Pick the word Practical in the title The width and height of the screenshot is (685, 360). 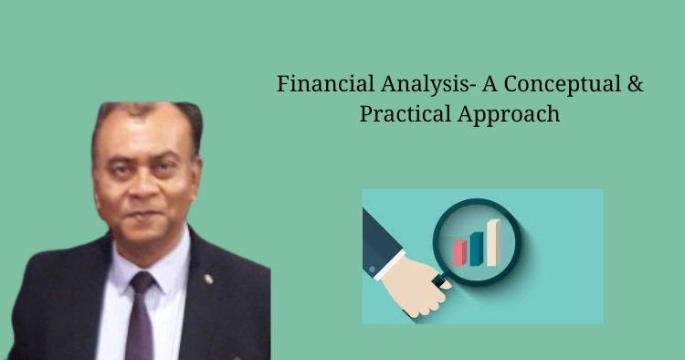point(400,116)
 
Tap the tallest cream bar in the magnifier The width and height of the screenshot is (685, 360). point(492,239)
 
